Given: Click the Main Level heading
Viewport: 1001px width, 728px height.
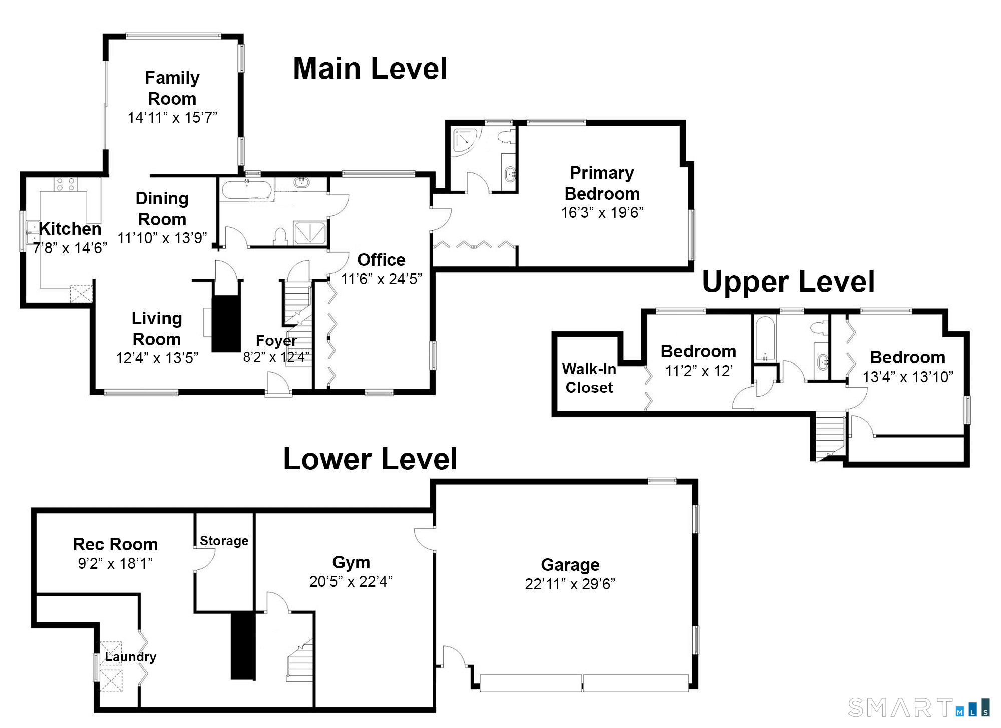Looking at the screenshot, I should (x=370, y=69).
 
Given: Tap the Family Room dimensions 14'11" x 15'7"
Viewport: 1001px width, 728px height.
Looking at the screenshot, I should (x=172, y=118).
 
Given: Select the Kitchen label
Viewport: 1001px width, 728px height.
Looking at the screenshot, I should (x=70, y=229).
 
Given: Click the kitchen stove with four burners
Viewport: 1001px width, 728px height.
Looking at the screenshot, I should (x=66, y=184).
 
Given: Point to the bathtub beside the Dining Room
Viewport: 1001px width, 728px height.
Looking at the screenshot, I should (x=246, y=191).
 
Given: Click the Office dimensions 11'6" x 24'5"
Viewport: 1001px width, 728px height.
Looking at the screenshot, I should (x=381, y=279).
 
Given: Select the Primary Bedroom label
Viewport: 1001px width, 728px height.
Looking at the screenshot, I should (x=602, y=183).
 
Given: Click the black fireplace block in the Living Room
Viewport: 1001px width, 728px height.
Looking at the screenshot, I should (x=226, y=323).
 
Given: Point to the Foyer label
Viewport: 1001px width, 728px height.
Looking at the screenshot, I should (x=276, y=341).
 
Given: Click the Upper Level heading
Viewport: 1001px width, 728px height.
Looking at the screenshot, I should (x=788, y=282).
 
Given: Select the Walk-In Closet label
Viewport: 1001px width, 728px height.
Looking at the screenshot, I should (x=589, y=378).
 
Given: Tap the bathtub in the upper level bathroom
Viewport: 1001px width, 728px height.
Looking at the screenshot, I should (x=765, y=339).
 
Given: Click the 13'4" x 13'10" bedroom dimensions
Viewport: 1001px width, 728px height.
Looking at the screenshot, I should (x=907, y=377).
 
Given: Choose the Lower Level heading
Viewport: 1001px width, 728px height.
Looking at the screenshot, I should (x=370, y=459).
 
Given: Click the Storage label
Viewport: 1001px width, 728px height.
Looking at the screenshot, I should (x=224, y=541).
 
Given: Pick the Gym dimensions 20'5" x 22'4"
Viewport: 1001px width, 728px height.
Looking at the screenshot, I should (x=351, y=581).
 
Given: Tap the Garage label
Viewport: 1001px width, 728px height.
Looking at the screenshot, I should (x=570, y=565).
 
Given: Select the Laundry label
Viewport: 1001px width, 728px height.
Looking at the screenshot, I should (x=130, y=657).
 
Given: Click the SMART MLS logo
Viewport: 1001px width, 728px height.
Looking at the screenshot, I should (x=918, y=708).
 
